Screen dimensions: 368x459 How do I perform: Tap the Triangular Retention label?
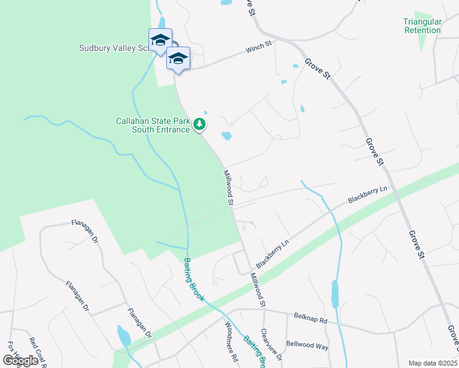(x=422, y=26)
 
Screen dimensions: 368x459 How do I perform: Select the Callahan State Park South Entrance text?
(x=153, y=125)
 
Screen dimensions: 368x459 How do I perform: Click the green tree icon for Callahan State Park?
(x=199, y=125)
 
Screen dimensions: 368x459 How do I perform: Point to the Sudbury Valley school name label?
(x=114, y=48)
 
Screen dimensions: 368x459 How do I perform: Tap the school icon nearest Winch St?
(x=178, y=59)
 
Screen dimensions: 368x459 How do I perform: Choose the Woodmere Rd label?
(x=231, y=342)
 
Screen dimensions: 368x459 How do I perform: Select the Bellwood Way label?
(x=307, y=346)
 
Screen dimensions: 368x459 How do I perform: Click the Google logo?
(x=20, y=361)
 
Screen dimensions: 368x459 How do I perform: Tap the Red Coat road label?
(x=37, y=352)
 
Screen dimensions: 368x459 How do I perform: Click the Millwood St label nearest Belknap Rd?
(x=258, y=290)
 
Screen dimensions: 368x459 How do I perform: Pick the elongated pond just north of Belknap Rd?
(x=335, y=294)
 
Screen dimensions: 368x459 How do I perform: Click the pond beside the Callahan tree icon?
(x=226, y=136)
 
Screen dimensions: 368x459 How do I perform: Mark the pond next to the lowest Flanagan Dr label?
(x=124, y=335)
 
